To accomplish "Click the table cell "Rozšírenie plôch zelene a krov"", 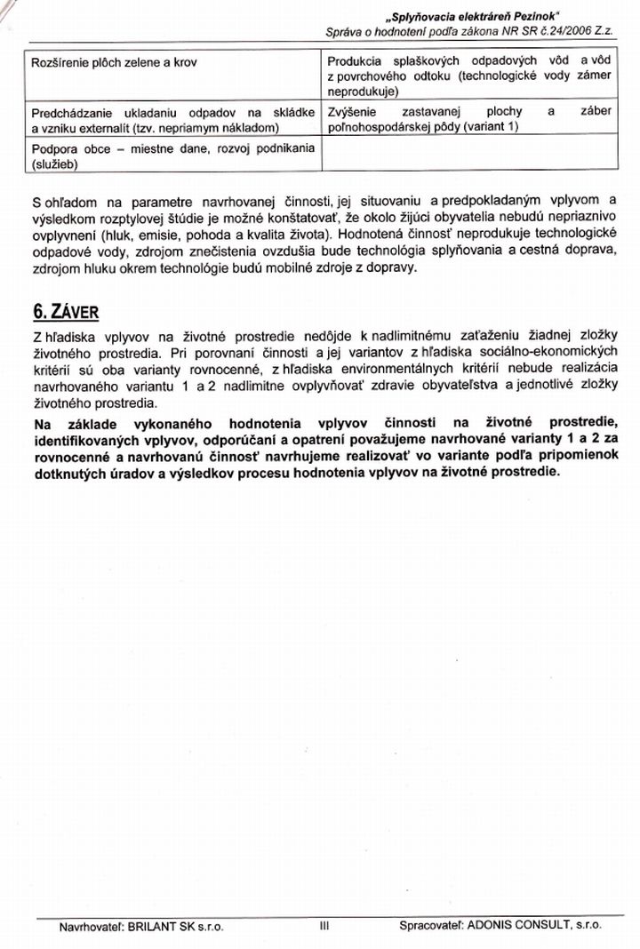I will (x=114, y=63).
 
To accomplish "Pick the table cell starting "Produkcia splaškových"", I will (x=469, y=76).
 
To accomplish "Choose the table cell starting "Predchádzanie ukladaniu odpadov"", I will (x=173, y=120).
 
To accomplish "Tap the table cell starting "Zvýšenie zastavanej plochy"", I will (x=469, y=120).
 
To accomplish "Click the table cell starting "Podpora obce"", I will (x=173, y=156).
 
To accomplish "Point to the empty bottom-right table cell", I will (x=469, y=156).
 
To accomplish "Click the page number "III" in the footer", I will (x=324, y=925).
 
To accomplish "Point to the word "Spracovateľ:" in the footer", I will (x=432, y=925).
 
